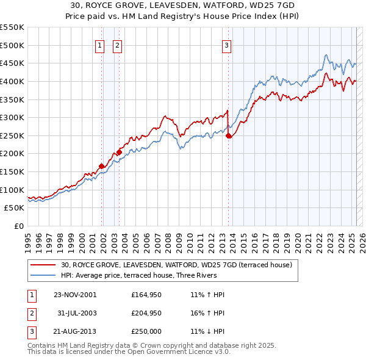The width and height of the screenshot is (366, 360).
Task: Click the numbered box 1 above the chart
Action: coord(99,45)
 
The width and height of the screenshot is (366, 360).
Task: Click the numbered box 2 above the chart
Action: coord(117,45)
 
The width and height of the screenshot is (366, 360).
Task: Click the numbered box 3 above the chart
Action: coord(226,45)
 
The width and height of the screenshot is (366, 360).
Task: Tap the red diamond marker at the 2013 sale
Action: coord(229,136)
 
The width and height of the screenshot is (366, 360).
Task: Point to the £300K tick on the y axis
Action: coord(12,117)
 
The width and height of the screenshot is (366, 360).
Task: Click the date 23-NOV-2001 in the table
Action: coord(75,295)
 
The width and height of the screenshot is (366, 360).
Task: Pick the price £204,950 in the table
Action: coord(146,313)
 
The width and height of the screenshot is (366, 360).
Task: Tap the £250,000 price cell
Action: coord(146,331)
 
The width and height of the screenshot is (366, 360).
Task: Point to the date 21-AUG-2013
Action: coord(75,331)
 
